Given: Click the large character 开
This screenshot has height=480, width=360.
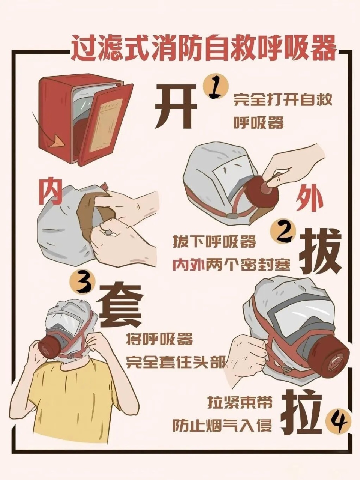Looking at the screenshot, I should coord(176,106).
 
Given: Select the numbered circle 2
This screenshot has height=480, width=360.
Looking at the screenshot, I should coord(283,233).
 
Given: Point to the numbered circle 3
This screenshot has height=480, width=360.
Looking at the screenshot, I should coord(84,284).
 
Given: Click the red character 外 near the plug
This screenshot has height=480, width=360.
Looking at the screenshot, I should coord(310,200).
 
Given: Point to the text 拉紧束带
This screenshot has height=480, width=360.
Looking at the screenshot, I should coord(240,405).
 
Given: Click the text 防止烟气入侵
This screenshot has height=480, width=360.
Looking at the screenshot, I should coord(222,426).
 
